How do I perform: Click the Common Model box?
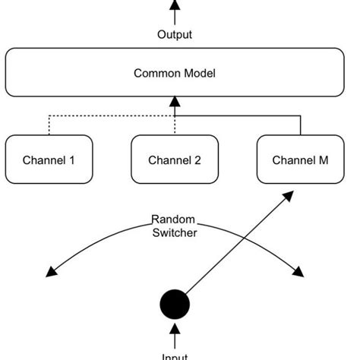(175, 73)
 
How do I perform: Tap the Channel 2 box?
(175, 159)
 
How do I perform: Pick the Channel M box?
(301, 159)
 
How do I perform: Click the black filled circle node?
(175, 305)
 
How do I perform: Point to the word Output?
(175, 34)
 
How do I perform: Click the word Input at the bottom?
(175, 355)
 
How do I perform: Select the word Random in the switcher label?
(175, 220)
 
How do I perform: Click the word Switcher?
(175, 233)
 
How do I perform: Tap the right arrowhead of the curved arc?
(298, 271)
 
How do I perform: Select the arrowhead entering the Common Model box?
(175, 102)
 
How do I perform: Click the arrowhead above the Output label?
(175, 5)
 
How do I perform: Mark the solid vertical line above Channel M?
(301, 125)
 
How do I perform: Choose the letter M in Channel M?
(323, 160)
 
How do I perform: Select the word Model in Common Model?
(200, 73)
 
